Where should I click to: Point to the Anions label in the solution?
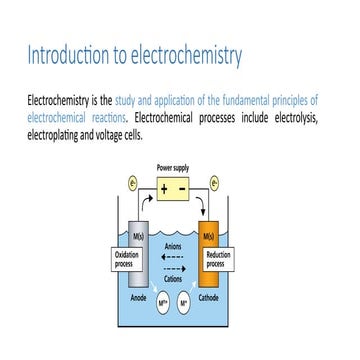pyautogui.click(x=173, y=246)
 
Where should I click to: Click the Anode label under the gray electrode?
pyautogui.click(x=139, y=297)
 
